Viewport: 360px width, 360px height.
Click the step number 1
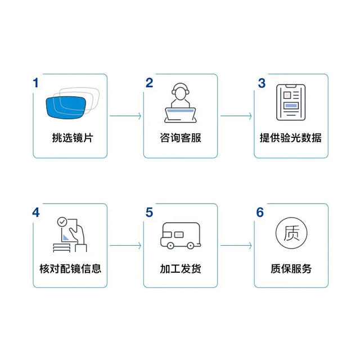point(35,83)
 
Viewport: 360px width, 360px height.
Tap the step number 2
point(149,83)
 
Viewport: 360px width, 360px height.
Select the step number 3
point(262,83)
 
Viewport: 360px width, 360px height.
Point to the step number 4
point(36,213)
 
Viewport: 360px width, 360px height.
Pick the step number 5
point(149,213)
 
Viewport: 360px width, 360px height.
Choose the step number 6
point(260,213)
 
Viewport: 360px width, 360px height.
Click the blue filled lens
point(66,107)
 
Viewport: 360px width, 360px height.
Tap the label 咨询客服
point(181,138)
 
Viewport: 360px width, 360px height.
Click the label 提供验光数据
point(291,138)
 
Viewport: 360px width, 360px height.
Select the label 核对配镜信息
point(70,269)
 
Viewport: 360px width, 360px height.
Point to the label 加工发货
point(181,269)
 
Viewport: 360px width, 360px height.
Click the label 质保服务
point(291,269)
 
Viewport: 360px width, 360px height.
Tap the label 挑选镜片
point(73,138)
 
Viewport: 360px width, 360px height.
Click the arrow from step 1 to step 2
point(125,116)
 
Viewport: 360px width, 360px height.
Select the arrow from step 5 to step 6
point(236,246)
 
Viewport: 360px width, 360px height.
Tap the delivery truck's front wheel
point(170,246)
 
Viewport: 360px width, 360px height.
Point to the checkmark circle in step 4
point(62,222)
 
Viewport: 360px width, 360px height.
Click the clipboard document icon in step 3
point(291,102)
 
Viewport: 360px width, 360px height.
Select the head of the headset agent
point(181,91)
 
